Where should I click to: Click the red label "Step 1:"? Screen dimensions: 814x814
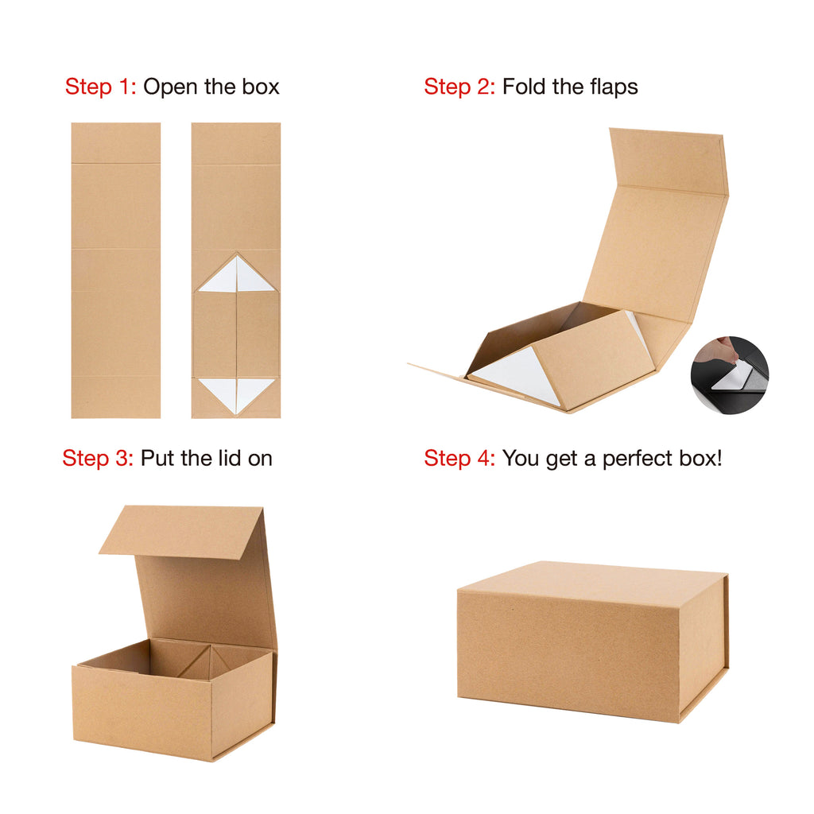(x=100, y=87)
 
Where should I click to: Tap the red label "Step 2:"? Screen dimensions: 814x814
(x=459, y=87)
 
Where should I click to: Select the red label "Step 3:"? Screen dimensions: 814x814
(x=98, y=459)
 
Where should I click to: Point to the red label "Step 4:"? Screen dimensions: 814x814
(x=459, y=459)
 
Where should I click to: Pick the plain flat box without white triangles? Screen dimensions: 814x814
(x=116, y=270)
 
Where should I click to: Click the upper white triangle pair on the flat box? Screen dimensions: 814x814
(x=237, y=275)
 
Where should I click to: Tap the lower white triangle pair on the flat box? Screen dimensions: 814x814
(x=237, y=393)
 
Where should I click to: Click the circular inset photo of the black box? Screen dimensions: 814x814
(x=730, y=375)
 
